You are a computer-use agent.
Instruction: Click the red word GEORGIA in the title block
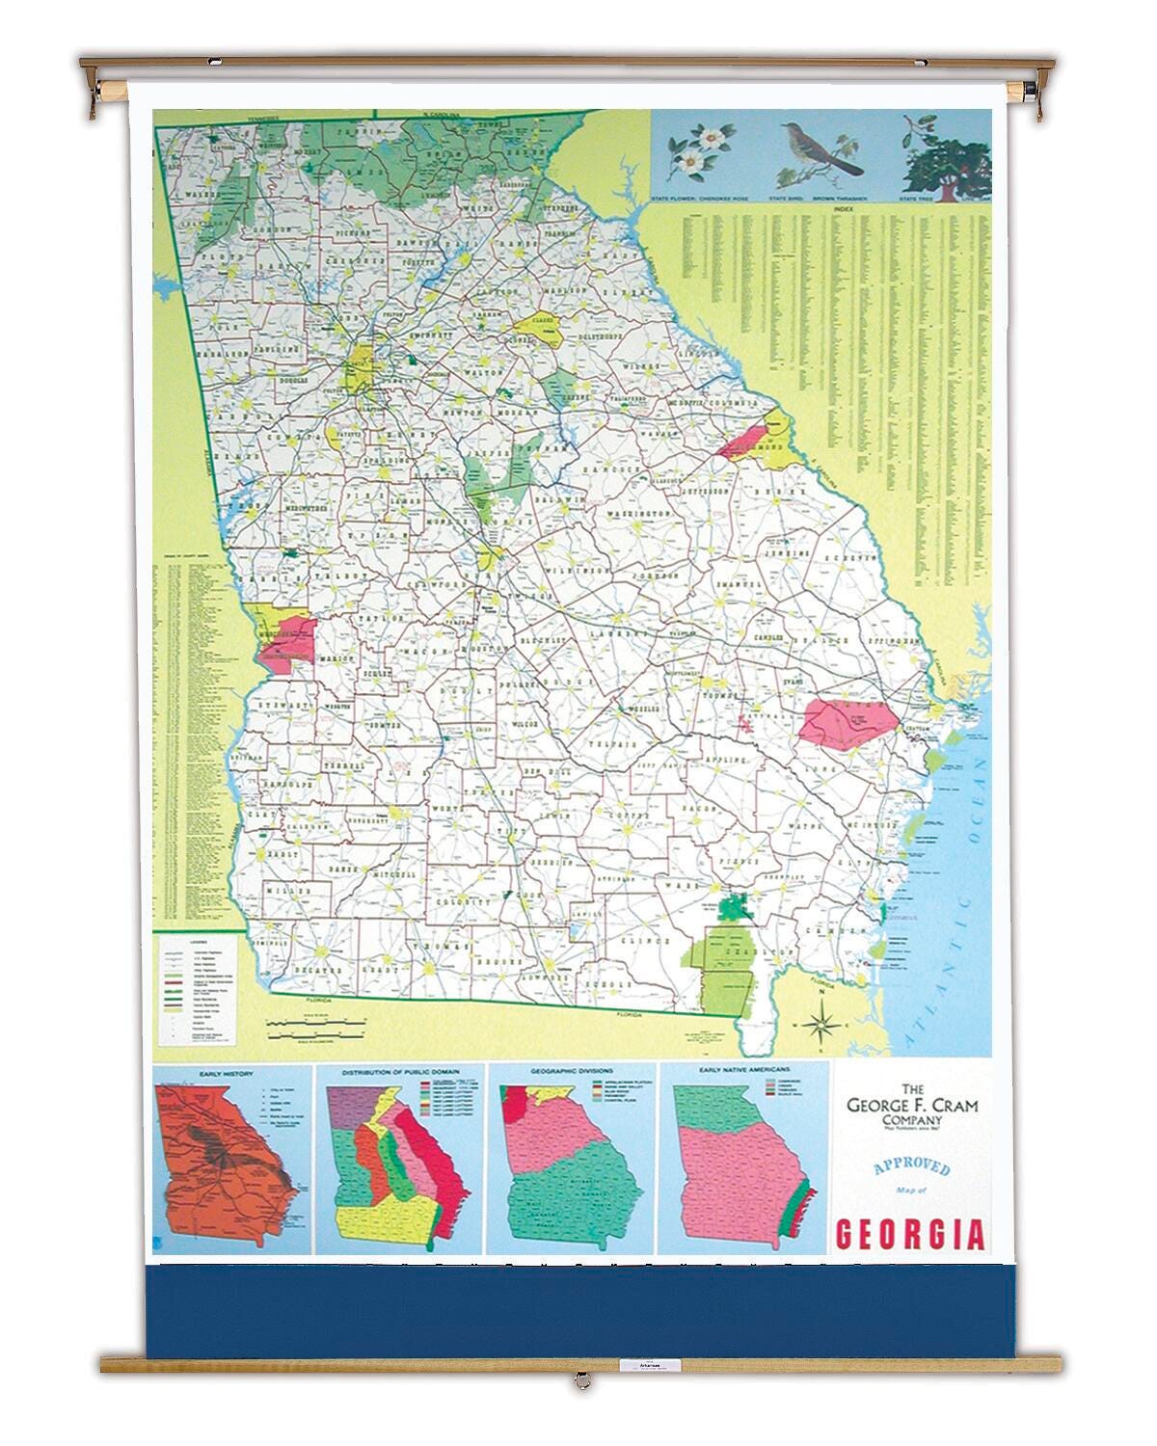pos(910,1235)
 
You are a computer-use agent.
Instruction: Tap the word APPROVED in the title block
pos(911,1167)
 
